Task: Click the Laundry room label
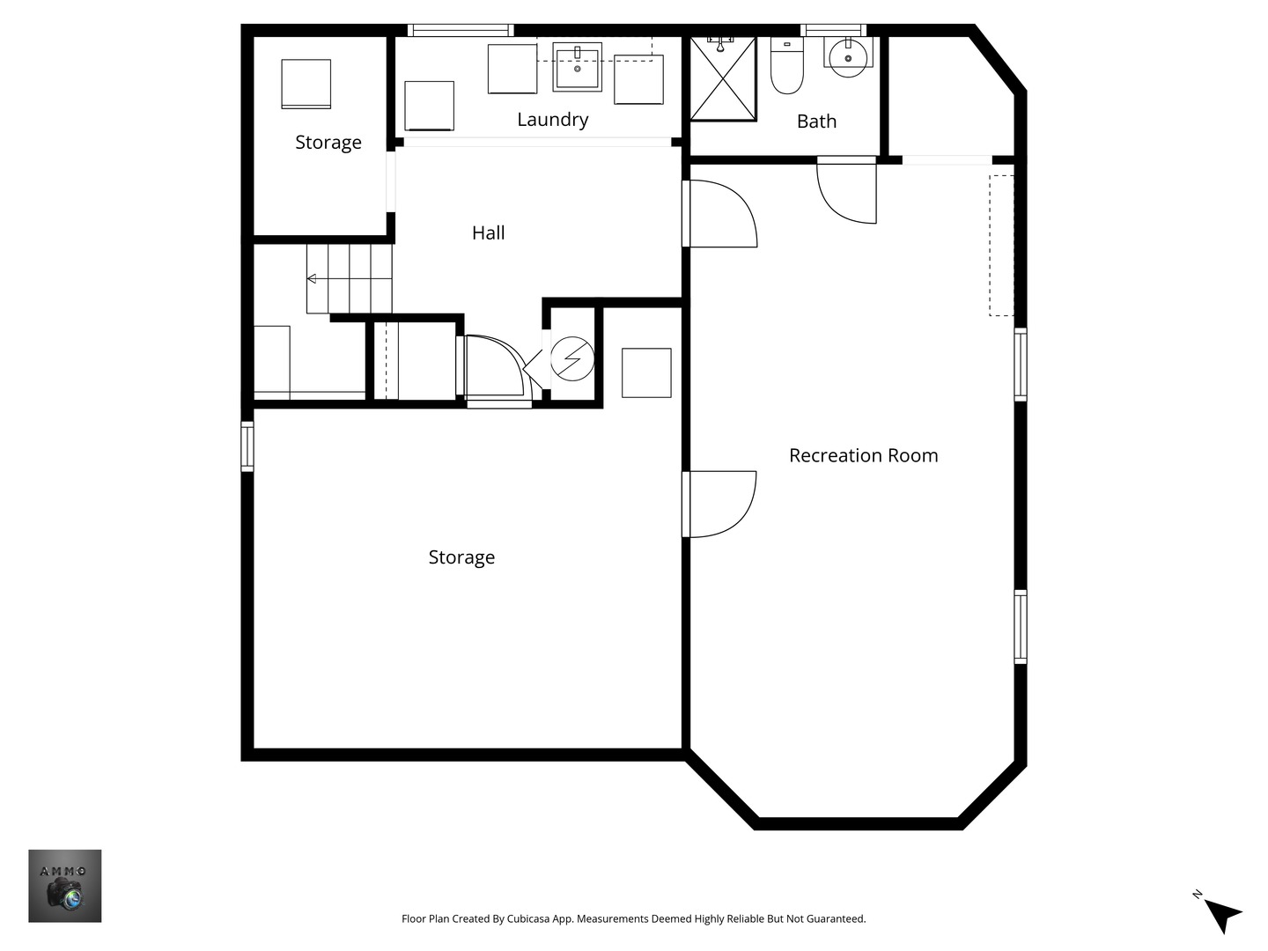553,120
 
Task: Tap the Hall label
488,232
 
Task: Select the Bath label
816,122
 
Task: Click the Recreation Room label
863,455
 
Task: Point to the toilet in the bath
787,65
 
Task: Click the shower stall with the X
723,78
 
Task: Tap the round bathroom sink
848,57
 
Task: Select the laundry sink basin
577,66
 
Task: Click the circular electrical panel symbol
571,358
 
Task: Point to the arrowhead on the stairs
312,279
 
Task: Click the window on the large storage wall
247,446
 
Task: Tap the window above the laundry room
461,30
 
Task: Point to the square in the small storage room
306,84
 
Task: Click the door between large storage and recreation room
719,504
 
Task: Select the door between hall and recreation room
719,214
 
